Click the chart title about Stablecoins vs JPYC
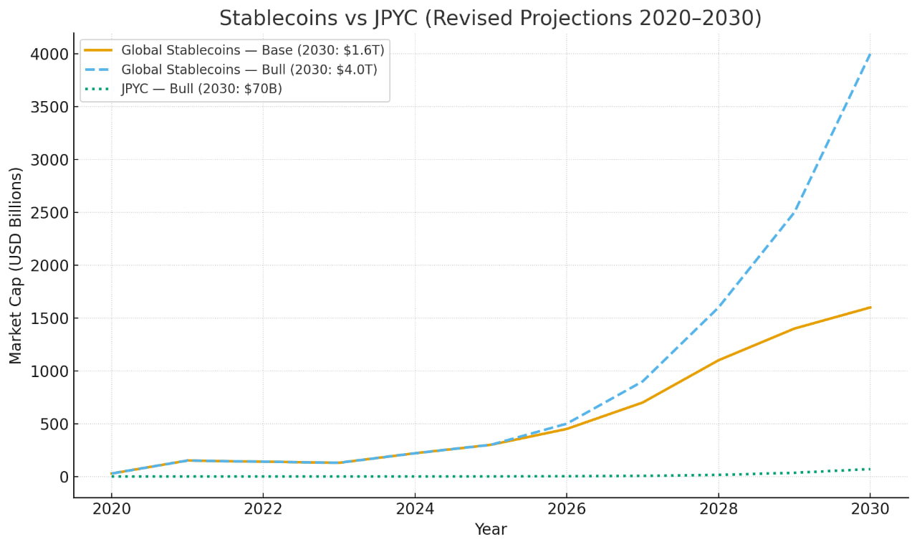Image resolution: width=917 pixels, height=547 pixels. (490, 19)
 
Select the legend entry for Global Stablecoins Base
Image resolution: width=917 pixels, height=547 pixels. (252, 50)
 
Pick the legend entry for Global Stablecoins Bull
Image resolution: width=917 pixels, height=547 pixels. (249, 70)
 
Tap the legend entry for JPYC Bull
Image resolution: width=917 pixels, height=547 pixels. (201, 89)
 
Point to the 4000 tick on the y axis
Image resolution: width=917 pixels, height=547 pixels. (49, 54)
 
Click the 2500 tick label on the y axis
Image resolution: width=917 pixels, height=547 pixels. (49, 213)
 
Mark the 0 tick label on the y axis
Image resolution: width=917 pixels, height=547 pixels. (64, 477)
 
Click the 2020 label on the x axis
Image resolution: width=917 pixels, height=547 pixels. (111, 509)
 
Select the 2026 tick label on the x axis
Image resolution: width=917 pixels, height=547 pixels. (566, 509)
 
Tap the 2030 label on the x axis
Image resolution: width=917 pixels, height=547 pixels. (870, 509)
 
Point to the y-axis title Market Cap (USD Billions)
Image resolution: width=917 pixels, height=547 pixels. (16, 265)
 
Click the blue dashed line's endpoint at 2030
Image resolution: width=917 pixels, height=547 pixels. (870, 54)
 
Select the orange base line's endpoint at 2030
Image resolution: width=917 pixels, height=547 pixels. (870, 308)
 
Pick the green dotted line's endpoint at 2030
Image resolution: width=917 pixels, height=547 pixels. (870, 470)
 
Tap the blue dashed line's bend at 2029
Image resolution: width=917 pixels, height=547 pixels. (794, 213)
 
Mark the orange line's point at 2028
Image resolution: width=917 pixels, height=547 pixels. (718, 361)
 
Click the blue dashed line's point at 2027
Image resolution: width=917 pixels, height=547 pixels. (642, 381)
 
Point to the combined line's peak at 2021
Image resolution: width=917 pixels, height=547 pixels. (187, 461)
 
